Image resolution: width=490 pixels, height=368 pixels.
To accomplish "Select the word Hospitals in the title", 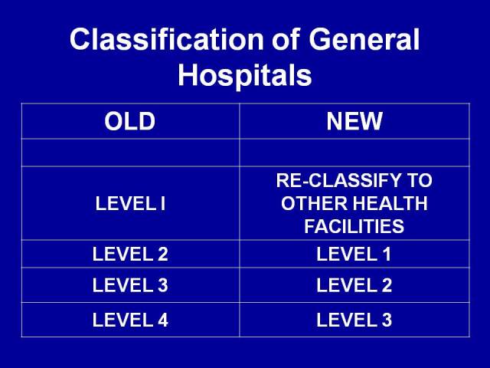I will pos(245,75).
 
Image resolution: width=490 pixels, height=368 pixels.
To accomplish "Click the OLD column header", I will pos(130,122).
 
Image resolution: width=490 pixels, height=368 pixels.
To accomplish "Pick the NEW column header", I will pos(354,122).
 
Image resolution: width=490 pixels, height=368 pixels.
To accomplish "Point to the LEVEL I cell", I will pos(130,204).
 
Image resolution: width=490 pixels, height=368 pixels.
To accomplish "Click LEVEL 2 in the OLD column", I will pos(130,254).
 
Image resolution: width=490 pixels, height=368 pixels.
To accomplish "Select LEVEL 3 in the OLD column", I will pos(130,285).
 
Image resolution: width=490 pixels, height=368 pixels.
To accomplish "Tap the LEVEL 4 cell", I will pos(130,320).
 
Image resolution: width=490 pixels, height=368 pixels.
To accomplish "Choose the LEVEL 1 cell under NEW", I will pos(354,254).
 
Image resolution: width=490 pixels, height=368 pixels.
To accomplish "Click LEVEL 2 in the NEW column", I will pos(354,285).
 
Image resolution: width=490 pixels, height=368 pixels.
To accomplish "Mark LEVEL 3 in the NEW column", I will pos(354,320).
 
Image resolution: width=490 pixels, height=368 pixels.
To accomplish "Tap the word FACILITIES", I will pos(354,227).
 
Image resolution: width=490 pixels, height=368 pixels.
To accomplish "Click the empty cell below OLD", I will pos(130,153).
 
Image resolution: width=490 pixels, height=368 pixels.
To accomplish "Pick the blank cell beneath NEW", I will pos(354,153).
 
